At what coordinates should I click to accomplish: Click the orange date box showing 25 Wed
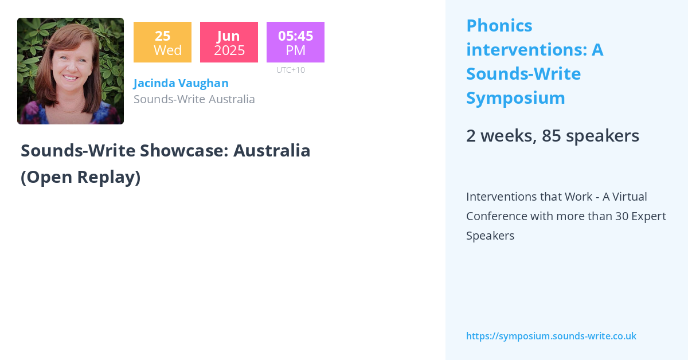click(x=162, y=42)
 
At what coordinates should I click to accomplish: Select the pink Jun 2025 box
click(x=229, y=42)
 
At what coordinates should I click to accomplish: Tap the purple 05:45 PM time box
click(x=295, y=42)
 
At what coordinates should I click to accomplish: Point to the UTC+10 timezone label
click(x=291, y=70)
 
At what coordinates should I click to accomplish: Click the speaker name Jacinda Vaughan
click(x=181, y=83)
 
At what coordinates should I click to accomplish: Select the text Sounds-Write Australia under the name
click(x=194, y=99)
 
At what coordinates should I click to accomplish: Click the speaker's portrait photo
click(x=71, y=71)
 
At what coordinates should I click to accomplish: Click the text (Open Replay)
click(x=80, y=177)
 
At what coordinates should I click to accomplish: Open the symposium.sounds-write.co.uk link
click(x=551, y=336)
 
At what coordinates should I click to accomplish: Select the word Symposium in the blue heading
click(x=515, y=98)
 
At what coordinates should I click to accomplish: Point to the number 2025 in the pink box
click(x=229, y=50)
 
